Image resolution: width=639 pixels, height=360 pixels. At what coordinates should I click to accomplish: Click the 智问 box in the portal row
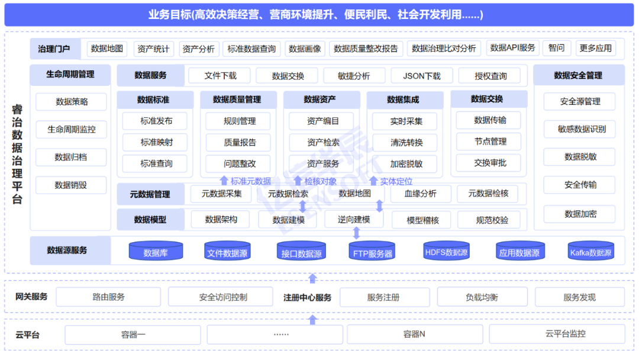(556, 48)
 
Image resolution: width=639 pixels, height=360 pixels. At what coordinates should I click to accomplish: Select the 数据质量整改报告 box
(366, 49)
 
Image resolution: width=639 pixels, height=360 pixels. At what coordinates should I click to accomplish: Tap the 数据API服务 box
(512, 48)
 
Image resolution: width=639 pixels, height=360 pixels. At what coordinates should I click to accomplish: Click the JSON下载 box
(422, 76)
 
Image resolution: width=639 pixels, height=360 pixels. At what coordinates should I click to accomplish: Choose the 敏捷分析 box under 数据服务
(354, 76)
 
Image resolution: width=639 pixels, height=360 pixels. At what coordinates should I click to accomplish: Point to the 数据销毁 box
(71, 185)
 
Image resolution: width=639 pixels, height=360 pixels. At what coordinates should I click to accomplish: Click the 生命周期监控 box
(71, 129)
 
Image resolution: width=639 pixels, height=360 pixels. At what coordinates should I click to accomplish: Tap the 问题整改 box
(240, 163)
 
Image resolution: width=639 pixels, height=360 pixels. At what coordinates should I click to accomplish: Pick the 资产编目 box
(322, 121)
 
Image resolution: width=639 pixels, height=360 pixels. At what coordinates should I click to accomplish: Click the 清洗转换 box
(406, 143)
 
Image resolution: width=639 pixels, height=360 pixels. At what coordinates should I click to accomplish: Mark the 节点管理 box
(490, 142)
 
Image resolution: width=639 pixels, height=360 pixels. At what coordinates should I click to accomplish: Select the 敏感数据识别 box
(581, 129)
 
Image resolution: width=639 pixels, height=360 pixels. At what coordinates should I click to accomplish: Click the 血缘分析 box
(420, 193)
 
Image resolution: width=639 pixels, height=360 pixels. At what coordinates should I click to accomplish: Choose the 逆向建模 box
(354, 219)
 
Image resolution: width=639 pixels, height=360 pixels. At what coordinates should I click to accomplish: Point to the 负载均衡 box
(481, 297)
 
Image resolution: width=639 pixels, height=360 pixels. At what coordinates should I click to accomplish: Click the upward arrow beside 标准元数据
(224, 181)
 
